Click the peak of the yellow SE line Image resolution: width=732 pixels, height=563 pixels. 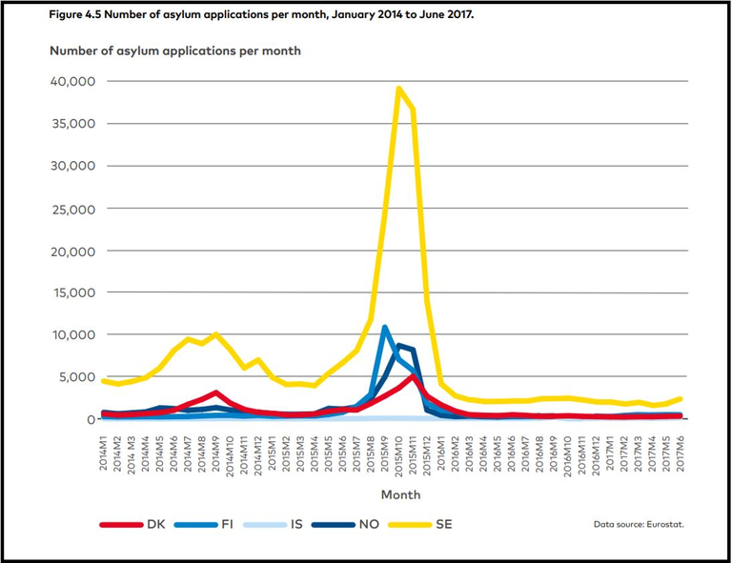[x=398, y=88]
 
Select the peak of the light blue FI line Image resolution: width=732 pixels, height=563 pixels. [x=385, y=328]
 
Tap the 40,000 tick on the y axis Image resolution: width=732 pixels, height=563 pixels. [x=71, y=81]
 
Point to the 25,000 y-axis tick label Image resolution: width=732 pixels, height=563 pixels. [x=71, y=208]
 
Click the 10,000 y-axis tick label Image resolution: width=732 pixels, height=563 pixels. [x=71, y=334]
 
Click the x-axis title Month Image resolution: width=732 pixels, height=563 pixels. [x=400, y=494]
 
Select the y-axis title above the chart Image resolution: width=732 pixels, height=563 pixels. [x=174, y=50]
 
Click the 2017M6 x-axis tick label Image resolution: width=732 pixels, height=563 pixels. [x=679, y=452]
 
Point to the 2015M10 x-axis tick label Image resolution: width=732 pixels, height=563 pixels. [x=398, y=454]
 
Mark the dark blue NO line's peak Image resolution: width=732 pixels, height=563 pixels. [x=399, y=345]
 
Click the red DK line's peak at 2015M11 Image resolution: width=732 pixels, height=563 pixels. [x=413, y=376]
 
